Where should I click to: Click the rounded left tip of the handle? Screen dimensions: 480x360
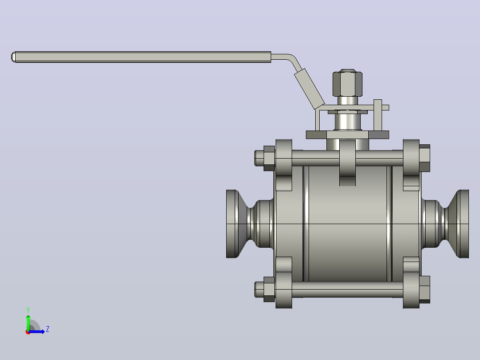(13, 57)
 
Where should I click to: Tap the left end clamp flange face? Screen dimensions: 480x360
(232, 224)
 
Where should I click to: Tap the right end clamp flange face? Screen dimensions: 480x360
(464, 224)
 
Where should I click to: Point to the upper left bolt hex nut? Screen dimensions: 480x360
(269, 158)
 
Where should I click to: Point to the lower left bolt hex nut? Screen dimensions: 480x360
(269, 290)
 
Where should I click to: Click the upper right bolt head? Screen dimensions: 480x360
(425, 158)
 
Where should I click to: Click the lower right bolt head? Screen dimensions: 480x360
(425, 290)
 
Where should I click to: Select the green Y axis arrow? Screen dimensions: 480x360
(28, 322)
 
